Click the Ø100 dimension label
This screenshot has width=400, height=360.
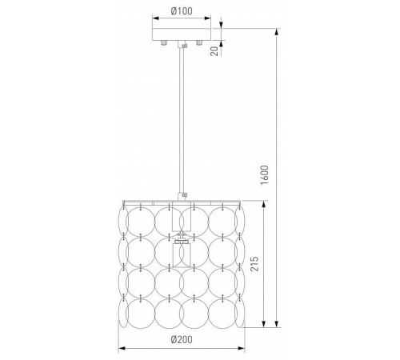pyautogui.click(x=182, y=11)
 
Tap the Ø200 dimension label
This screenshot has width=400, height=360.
pyautogui.click(x=182, y=339)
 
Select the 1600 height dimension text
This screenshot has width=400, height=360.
pyautogui.click(x=265, y=175)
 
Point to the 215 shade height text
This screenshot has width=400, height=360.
pyautogui.click(x=254, y=264)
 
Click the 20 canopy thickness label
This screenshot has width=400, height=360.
pyautogui.click(x=214, y=50)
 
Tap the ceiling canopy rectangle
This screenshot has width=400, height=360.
pyautogui.click(x=182, y=34)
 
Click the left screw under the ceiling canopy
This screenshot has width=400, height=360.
pyautogui.click(x=164, y=42)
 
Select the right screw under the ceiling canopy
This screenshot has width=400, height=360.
pyautogui.click(x=199, y=42)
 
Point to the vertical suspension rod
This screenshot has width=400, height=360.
pyautogui.click(x=182, y=120)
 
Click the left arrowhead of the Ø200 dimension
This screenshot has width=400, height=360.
pyautogui.click(x=122, y=348)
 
